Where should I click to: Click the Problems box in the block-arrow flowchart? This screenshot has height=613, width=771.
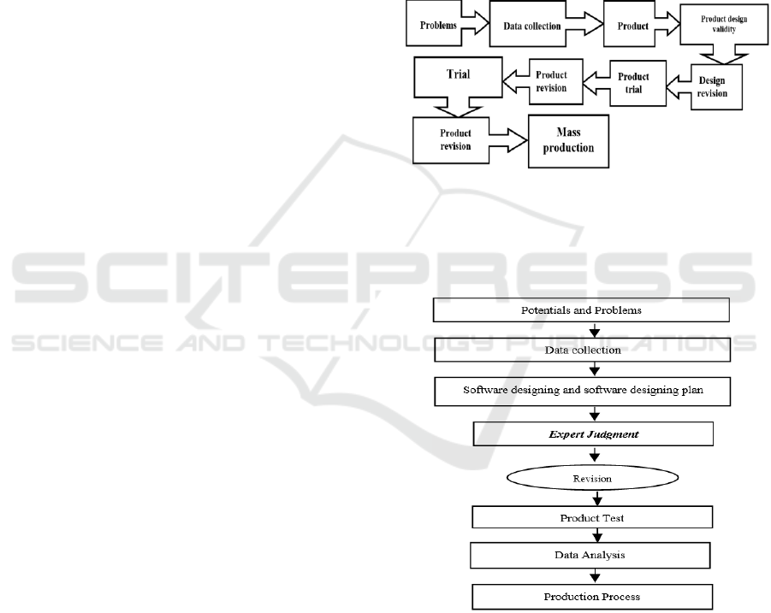[437, 25]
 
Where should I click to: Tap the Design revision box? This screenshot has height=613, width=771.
[712, 86]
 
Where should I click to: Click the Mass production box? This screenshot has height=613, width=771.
[562, 139]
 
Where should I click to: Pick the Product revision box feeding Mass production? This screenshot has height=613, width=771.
[456, 139]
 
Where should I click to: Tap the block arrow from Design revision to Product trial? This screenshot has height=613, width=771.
[678, 85]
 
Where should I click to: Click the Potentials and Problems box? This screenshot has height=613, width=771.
[581, 309]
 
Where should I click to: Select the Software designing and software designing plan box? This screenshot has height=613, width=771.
[582, 391]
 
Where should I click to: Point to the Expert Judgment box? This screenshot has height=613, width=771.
[593, 433]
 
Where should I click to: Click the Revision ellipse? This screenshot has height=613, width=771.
[592, 479]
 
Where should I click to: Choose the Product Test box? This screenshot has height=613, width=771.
[592, 518]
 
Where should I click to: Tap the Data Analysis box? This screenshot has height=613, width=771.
[590, 555]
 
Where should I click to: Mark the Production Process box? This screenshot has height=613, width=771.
[592, 595]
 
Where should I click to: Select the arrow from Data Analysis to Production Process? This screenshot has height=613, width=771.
[593, 575]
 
